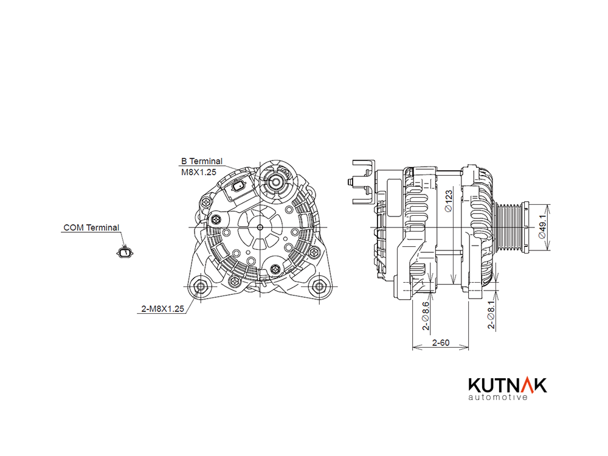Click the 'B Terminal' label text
202,161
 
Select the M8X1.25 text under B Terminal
199,172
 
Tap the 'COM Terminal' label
91,227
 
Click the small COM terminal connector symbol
125,252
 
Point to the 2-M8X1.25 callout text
162,309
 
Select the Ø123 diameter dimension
449,201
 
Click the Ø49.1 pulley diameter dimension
542,227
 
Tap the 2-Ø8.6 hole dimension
426,316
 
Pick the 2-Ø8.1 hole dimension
491,314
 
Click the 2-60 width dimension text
441,343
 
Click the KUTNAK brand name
508,385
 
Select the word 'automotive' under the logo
498,397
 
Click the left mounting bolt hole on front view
201,286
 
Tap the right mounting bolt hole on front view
319,286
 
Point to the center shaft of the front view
260,227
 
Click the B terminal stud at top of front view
275,181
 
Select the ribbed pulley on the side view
511,227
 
